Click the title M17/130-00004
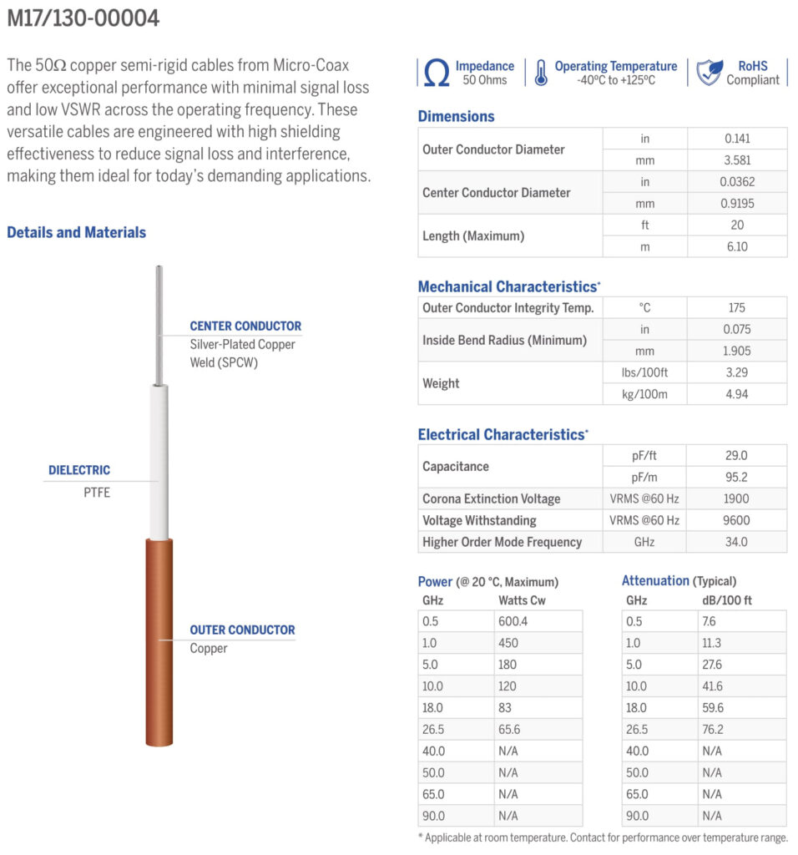(x=83, y=18)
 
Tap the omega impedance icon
(x=436, y=73)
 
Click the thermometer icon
(x=541, y=73)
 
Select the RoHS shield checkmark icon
(x=709, y=73)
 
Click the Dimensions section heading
(x=456, y=116)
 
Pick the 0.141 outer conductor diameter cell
(x=736, y=139)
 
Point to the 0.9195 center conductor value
(x=736, y=203)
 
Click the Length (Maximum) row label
(x=473, y=235)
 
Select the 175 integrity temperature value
(x=736, y=307)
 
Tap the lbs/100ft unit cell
(x=645, y=372)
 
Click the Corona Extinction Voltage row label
(x=491, y=498)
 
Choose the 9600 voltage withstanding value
(x=736, y=520)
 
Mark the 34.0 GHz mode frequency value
(x=736, y=542)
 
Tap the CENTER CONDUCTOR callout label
(x=245, y=326)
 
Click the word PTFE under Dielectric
(x=96, y=492)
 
